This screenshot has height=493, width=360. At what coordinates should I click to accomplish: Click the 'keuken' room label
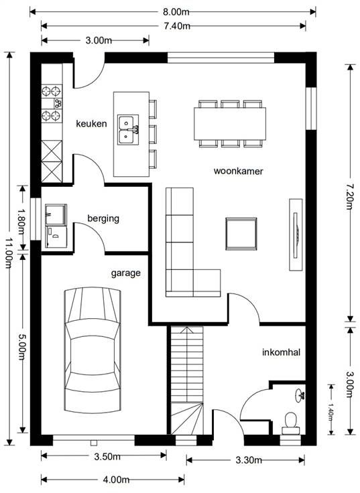pyautogui.click(x=91, y=123)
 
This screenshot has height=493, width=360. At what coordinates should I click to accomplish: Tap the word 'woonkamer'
pyautogui.click(x=238, y=171)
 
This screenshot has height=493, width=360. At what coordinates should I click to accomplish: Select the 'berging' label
pyautogui.click(x=103, y=218)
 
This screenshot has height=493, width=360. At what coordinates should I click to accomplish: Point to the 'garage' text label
pyautogui.click(x=126, y=273)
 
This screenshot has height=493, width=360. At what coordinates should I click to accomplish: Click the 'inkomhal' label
pyautogui.click(x=282, y=352)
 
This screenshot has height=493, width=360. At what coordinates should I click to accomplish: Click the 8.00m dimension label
pyautogui.click(x=176, y=12)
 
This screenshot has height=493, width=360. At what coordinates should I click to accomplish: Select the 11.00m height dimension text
pyautogui.click(x=9, y=253)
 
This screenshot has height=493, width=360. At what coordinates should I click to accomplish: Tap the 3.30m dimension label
pyautogui.click(x=249, y=460)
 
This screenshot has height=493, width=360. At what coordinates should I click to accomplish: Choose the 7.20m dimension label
pyautogui.click(x=350, y=197)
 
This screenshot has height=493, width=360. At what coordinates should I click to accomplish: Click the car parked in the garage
pyautogui.click(x=93, y=350)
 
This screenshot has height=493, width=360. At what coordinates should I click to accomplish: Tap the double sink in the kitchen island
pyautogui.click(x=128, y=129)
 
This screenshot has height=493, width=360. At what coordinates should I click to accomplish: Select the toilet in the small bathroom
pyautogui.click(x=290, y=423)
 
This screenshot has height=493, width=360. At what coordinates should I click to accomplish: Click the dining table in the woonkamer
pyautogui.click(x=230, y=123)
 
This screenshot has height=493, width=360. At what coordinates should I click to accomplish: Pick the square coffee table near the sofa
pyautogui.click(x=241, y=234)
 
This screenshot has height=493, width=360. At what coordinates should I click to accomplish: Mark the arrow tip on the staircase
pyautogui.click(x=187, y=328)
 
